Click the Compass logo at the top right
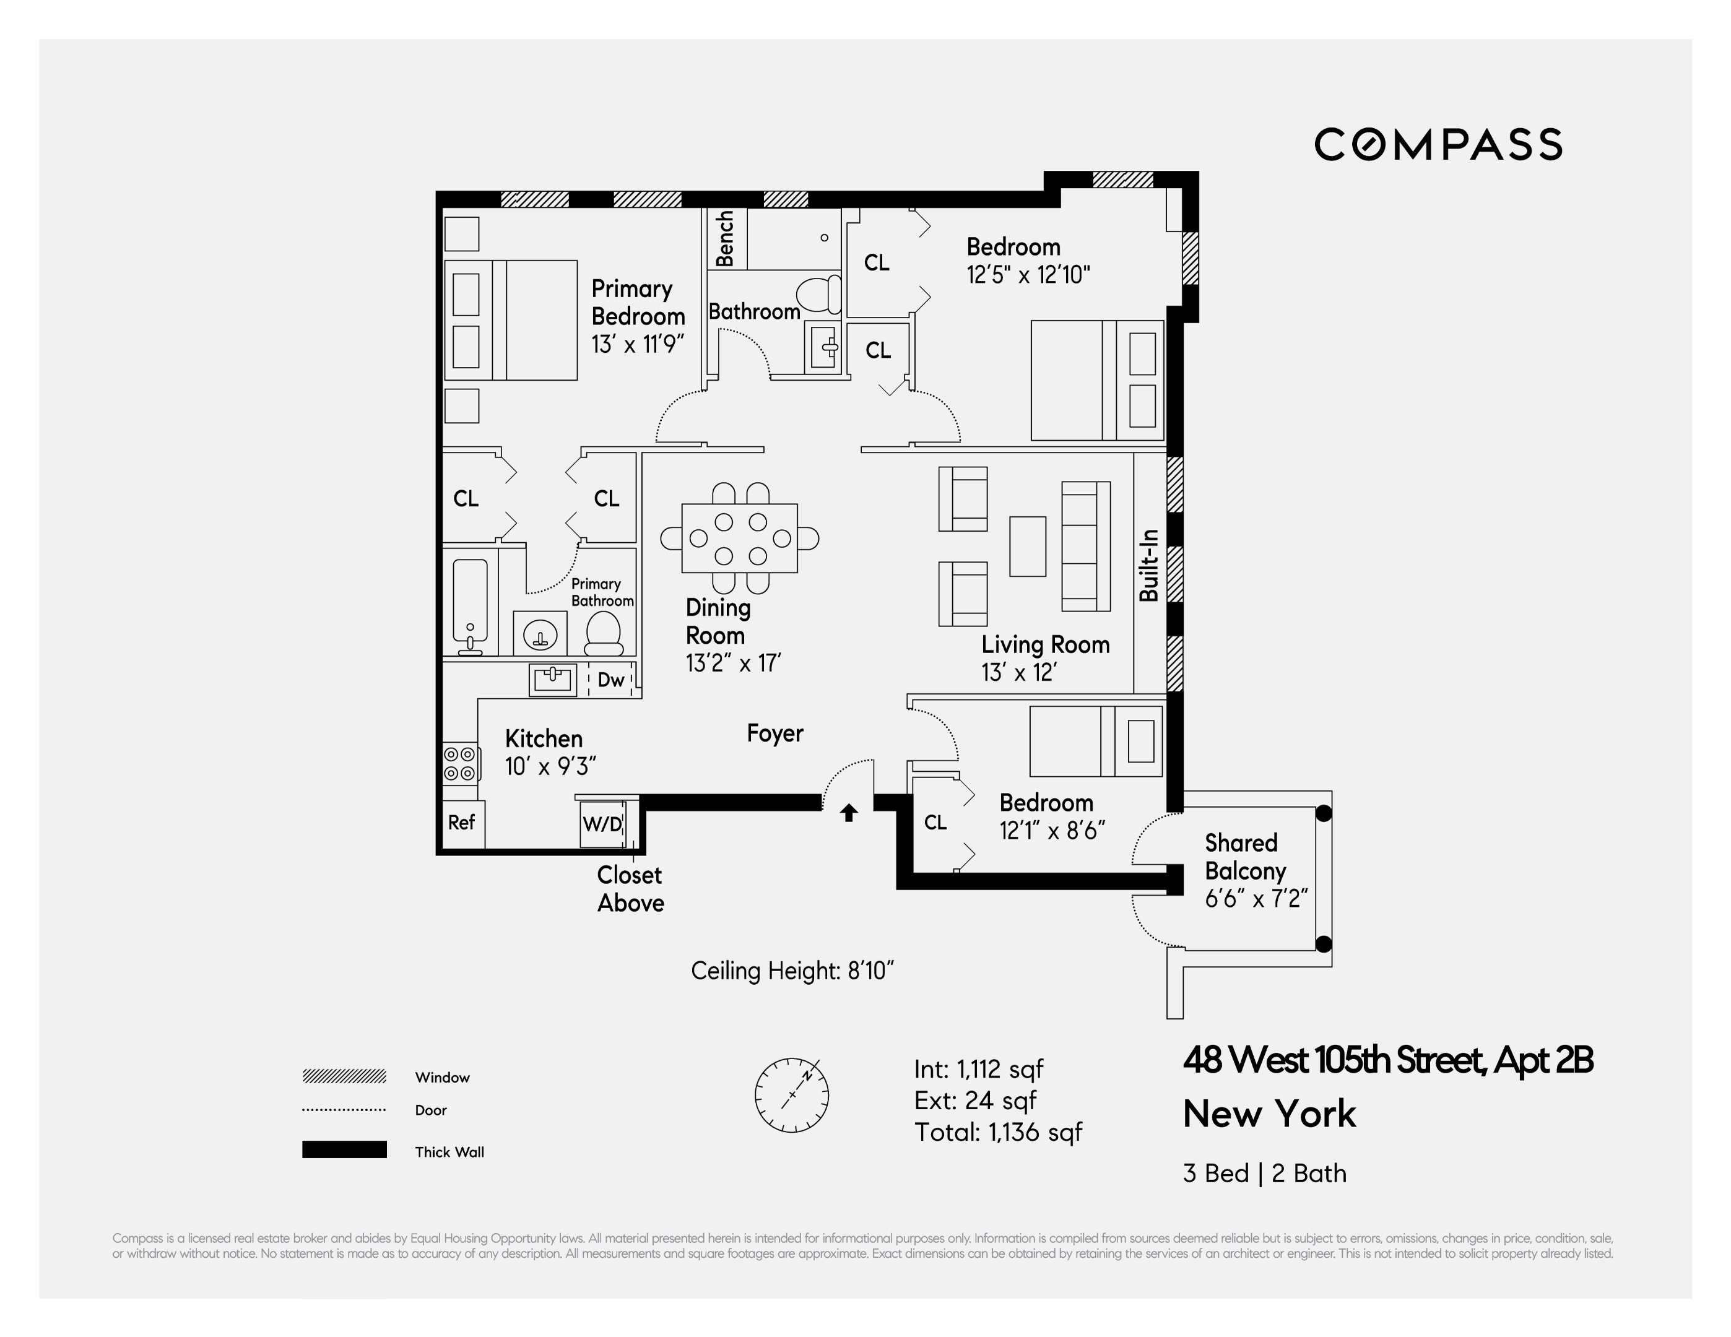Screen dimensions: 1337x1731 pos(1438,145)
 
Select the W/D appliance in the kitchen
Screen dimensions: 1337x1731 pos(602,823)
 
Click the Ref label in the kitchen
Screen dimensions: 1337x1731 pos(461,823)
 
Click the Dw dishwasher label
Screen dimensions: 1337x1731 pos(611,680)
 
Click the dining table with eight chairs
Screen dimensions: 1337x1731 pos(739,538)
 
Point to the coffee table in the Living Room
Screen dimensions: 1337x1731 pos(1027,546)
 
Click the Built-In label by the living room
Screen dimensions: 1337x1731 pos(1149,565)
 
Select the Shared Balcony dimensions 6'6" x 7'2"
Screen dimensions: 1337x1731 pos(1256,899)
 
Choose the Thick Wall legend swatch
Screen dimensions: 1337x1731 pos(344,1150)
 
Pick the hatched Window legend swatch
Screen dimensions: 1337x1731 pos(344,1076)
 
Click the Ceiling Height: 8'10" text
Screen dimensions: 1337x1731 pos(792,971)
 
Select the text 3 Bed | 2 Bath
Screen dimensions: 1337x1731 pos(1264,1173)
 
